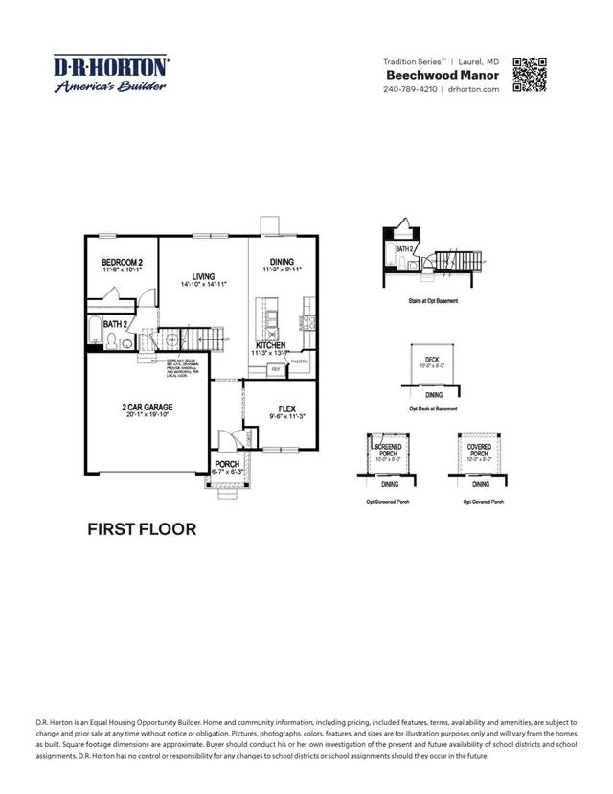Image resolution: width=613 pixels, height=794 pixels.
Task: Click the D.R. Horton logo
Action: (111, 73)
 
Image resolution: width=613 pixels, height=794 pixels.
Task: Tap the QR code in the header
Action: (530, 75)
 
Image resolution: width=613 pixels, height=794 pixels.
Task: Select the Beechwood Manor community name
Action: (443, 75)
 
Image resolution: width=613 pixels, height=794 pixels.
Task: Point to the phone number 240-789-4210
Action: (410, 89)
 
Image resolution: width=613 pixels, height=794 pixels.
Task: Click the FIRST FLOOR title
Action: (142, 528)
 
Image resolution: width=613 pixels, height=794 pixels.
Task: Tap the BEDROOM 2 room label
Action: (122, 262)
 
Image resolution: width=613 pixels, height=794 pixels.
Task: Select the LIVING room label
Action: (203, 276)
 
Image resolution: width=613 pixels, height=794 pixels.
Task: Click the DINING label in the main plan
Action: (282, 262)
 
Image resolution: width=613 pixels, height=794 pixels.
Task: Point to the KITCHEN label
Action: (270, 345)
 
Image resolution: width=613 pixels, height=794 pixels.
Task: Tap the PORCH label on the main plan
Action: (227, 464)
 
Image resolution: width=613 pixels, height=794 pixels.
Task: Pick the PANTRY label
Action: (299, 362)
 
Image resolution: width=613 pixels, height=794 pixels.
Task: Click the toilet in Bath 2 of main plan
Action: (113, 341)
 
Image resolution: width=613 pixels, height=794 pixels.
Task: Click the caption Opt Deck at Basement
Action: (433, 409)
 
